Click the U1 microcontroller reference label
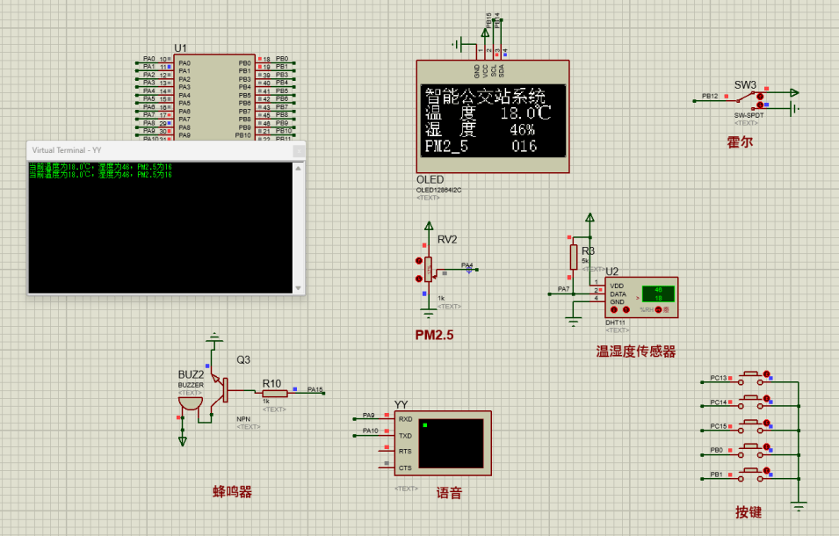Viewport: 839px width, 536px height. pos(180,47)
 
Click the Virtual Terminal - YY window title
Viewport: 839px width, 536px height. pos(67,150)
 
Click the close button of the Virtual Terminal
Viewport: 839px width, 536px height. pos(298,150)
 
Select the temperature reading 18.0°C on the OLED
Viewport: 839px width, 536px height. pos(525,113)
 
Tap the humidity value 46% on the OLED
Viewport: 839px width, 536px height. pos(523,130)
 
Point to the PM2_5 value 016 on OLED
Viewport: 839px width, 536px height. pos(524,147)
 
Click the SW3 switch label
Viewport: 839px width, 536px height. pos(745,84)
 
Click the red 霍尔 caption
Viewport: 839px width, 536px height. pos(740,141)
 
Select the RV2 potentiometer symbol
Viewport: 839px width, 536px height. pos(428,268)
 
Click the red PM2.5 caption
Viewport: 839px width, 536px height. pos(434,335)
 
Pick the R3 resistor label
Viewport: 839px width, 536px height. pos(588,251)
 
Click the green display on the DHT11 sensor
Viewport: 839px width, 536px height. pos(657,294)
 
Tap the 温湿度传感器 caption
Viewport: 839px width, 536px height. pos(636,351)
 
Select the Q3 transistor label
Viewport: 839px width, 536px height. pos(242,359)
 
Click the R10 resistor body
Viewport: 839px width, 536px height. pos(274,394)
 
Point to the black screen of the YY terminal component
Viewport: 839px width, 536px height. pos(451,443)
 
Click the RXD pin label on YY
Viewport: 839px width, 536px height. pos(405,419)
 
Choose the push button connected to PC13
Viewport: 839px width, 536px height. pos(752,379)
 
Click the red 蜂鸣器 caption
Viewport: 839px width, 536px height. pos(232,492)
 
